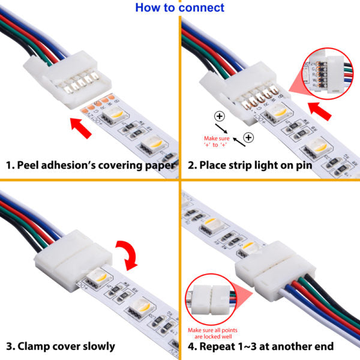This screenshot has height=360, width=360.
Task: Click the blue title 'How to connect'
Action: tap(179, 8)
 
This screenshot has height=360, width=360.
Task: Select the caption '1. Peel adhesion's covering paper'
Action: tap(90, 165)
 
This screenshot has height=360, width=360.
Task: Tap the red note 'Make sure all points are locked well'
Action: tap(213, 333)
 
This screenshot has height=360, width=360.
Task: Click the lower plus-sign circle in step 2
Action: tap(248, 138)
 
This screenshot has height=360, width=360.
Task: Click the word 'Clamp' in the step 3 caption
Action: tap(36, 346)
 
